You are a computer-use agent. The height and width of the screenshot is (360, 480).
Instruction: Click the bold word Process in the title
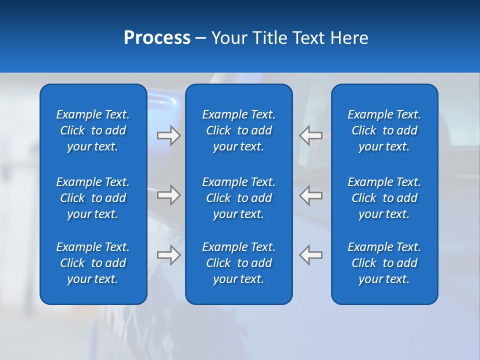(x=157, y=38)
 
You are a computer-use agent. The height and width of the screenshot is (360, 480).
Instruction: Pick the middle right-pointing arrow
(x=169, y=195)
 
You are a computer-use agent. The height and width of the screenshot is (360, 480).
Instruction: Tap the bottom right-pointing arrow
(x=169, y=255)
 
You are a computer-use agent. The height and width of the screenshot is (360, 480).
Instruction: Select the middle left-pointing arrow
(x=310, y=195)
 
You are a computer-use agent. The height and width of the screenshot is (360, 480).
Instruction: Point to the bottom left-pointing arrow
(x=310, y=255)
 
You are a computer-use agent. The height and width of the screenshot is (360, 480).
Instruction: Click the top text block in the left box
(x=93, y=130)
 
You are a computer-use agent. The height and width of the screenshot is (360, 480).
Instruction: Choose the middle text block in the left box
(x=93, y=198)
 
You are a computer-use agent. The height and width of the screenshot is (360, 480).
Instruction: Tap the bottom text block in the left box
(x=93, y=263)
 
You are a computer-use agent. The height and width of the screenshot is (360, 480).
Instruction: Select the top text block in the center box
(x=238, y=130)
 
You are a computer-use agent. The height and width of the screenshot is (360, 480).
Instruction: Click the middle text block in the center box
(x=238, y=198)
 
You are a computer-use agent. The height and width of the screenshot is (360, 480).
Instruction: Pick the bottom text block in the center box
(x=238, y=263)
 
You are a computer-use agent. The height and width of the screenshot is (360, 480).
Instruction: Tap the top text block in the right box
(x=384, y=130)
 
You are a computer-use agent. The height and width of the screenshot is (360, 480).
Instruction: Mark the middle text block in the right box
(x=384, y=198)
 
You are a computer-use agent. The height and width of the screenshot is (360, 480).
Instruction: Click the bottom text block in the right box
(x=384, y=263)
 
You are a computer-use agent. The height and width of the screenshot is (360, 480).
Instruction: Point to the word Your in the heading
(x=229, y=38)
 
